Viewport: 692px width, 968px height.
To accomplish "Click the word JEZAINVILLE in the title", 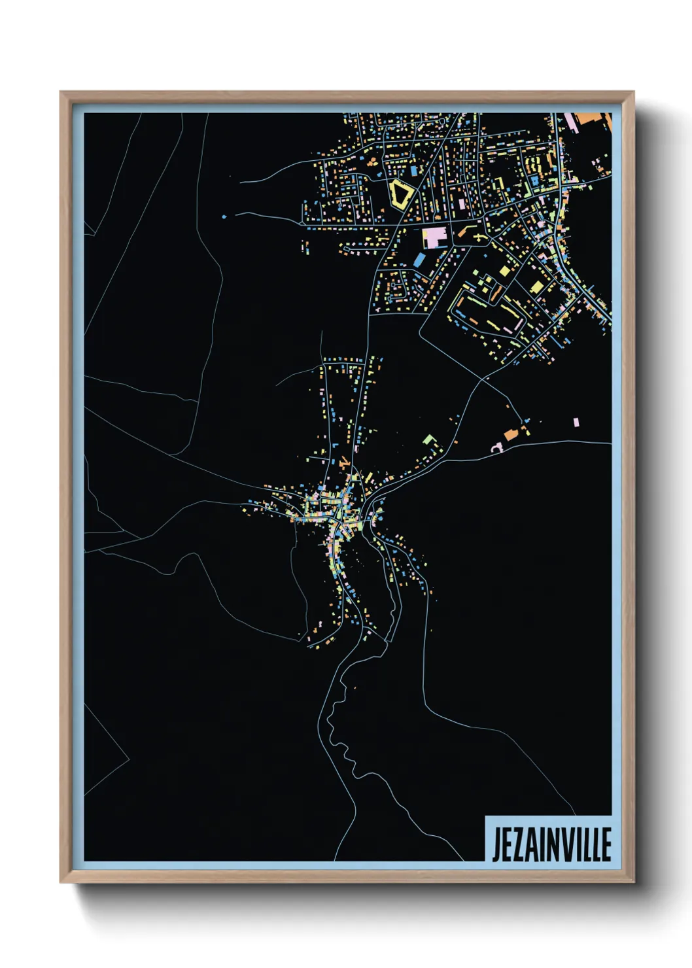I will [x=551, y=844].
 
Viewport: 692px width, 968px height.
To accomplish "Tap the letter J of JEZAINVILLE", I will [x=496, y=844].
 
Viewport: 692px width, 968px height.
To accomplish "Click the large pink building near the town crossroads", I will [x=434, y=237].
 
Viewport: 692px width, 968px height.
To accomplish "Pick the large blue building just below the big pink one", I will [x=419, y=260].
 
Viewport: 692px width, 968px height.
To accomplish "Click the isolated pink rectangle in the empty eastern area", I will [x=576, y=423].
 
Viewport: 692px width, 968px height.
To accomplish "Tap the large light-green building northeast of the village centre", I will [x=429, y=439].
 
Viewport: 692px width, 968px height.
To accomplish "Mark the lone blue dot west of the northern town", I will [x=224, y=216].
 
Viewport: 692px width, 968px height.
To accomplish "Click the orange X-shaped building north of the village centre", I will [x=343, y=462].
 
